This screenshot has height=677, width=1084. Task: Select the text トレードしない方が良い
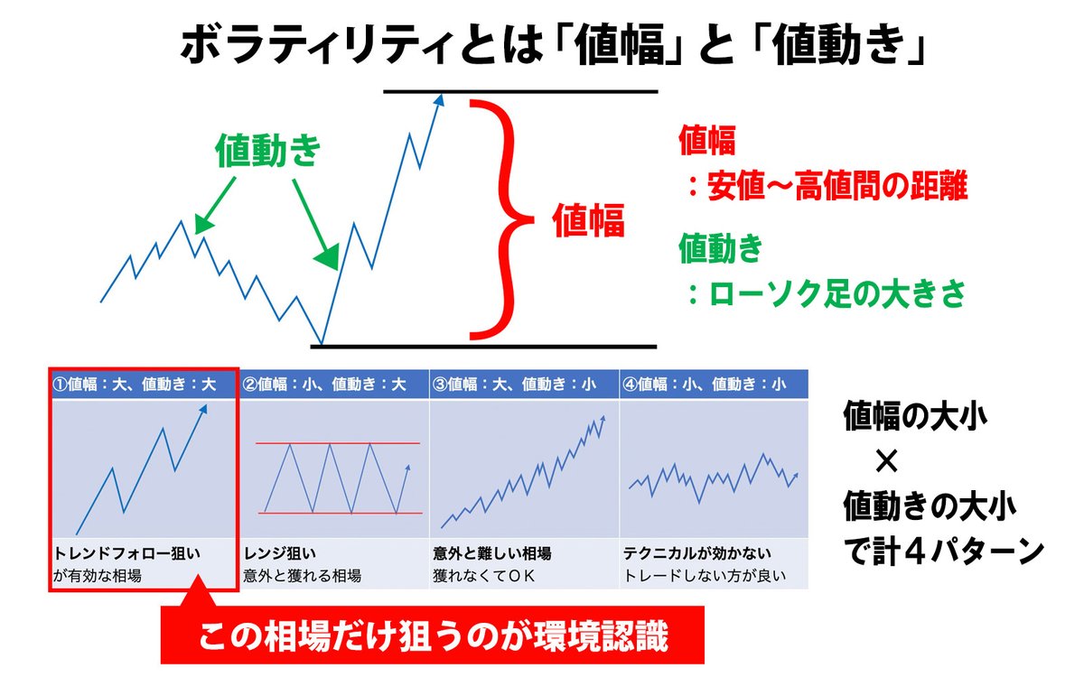tap(705, 576)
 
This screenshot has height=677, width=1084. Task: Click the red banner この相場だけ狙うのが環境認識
tap(434, 638)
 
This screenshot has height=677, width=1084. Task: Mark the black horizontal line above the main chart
tap(521, 91)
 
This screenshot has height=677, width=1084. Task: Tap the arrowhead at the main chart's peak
tap(441, 105)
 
